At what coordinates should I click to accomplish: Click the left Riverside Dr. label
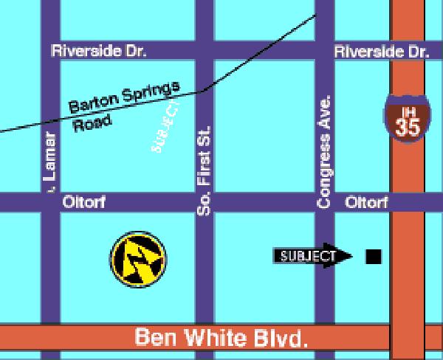[x=98, y=52]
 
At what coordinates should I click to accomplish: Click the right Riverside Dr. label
[x=381, y=52]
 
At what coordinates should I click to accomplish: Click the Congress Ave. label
[x=325, y=150]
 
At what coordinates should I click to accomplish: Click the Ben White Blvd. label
[x=221, y=339]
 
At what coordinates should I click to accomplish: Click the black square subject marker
[x=374, y=256]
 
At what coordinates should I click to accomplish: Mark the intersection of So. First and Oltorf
[x=205, y=202]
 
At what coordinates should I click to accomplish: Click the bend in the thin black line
[x=201, y=91]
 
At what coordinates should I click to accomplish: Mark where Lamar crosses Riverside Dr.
[x=50, y=52]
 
